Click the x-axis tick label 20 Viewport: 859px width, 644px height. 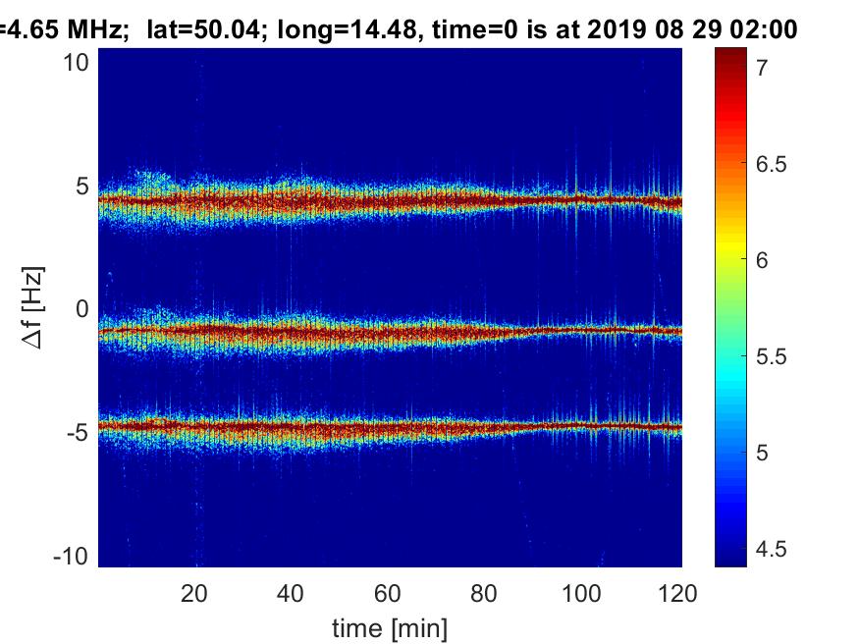194,592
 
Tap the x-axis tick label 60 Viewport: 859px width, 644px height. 388,592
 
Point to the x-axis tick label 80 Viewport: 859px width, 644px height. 485,592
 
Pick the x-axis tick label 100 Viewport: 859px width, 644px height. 581,592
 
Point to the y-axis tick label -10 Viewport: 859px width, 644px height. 74,556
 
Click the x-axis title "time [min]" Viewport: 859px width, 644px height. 390,625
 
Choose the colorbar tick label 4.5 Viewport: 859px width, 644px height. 771,549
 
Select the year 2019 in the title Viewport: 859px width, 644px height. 616,30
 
